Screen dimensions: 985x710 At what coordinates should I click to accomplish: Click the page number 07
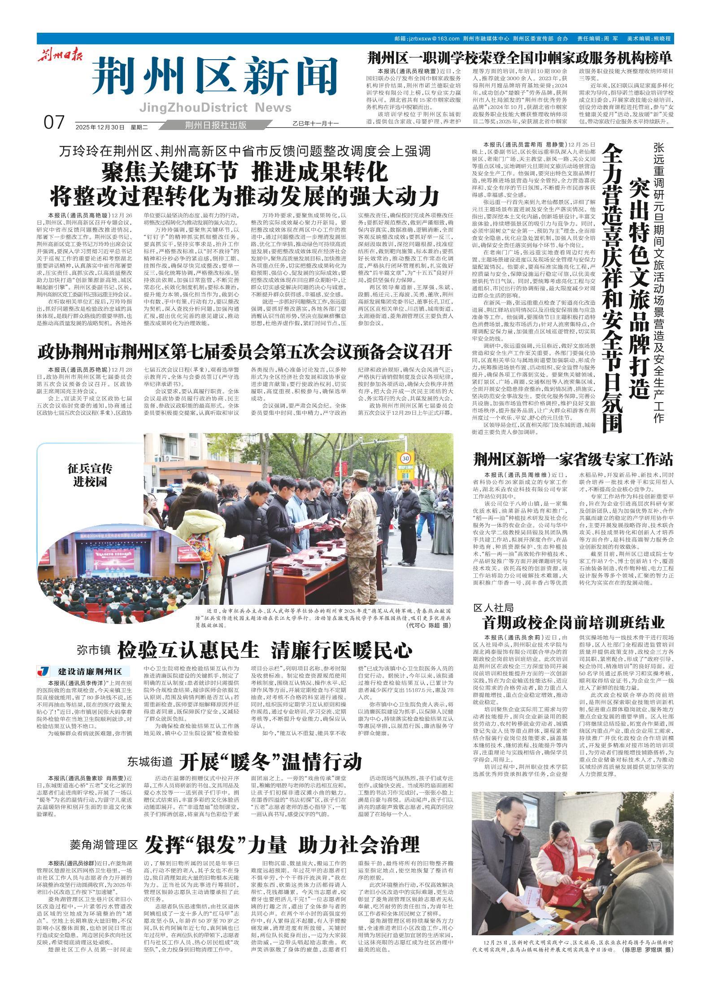pyautogui.click(x=55, y=122)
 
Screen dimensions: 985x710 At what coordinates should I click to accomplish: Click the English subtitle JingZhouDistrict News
pyautogui.click(x=215, y=108)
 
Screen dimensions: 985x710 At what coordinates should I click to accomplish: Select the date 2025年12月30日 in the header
pyautogui.click(x=100, y=127)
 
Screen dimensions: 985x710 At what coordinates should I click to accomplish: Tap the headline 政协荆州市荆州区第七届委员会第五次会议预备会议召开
pyautogui.click(x=245, y=352)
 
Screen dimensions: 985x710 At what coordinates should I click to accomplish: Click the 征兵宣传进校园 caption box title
pyautogui.click(x=90, y=475)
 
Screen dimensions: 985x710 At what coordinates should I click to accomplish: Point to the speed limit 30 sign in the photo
pyautogui.click(x=406, y=458)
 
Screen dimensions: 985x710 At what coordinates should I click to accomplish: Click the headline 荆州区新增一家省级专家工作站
pyautogui.click(x=573, y=460)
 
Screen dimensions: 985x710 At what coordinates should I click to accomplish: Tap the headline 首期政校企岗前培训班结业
pyautogui.click(x=573, y=623)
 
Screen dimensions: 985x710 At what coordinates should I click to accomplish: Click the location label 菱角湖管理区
pyautogui.click(x=103, y=832)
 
